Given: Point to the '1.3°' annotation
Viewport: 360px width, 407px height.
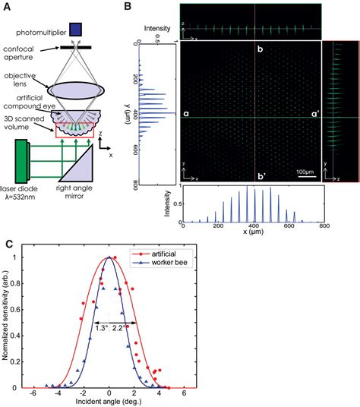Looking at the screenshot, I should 102,330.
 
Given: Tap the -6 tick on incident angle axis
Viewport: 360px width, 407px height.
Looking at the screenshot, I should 33,393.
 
